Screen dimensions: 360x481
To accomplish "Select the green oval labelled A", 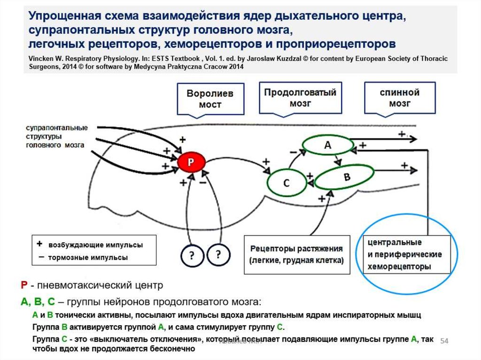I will coord(327,146).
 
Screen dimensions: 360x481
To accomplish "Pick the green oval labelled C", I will coord(286,183).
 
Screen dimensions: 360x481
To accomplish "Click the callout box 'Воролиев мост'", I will coord(210,99).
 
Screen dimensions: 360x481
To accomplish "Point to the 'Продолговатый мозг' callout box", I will coord(300,97).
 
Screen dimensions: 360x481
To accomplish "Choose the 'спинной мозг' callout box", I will coord(400,97).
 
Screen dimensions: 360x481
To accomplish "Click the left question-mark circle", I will coord(192,256).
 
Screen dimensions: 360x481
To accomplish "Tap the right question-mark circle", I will coord(218,254).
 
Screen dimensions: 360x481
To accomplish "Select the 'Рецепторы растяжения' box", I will coord(297,254).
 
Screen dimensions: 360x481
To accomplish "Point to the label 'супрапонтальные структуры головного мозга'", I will coord(56,136).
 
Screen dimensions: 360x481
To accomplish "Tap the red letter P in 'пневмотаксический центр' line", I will coord(23,285).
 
